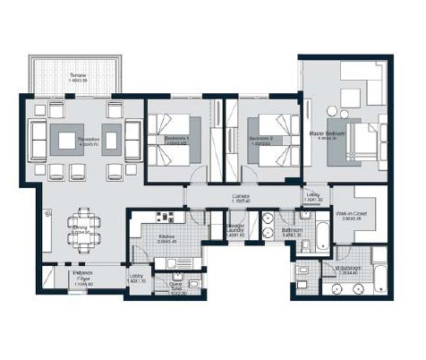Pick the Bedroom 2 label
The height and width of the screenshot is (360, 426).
(261, 140)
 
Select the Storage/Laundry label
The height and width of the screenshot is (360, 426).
(237, 232)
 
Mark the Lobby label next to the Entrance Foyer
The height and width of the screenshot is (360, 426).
(136, 279)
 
